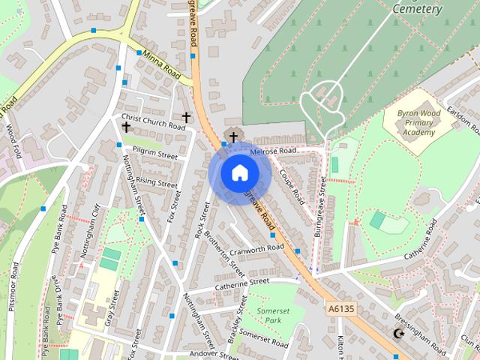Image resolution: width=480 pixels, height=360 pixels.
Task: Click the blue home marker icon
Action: (x=239, y=172)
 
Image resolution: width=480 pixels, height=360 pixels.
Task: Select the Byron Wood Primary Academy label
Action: (x=418, y=121)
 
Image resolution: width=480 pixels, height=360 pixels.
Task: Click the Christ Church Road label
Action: (x=152, y=121)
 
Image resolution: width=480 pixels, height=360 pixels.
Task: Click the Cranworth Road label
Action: (x=257, y=248)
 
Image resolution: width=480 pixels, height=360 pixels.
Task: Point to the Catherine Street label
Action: (x=241, y=283)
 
